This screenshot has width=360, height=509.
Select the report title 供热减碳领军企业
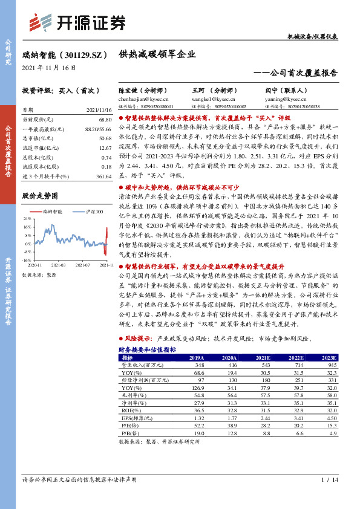[x=157, y=54]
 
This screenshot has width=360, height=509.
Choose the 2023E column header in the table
[x=326, y=358]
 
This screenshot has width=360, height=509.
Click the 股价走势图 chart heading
[x=40, y=196]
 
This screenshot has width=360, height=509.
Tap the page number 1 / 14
[x=329, y=480]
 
